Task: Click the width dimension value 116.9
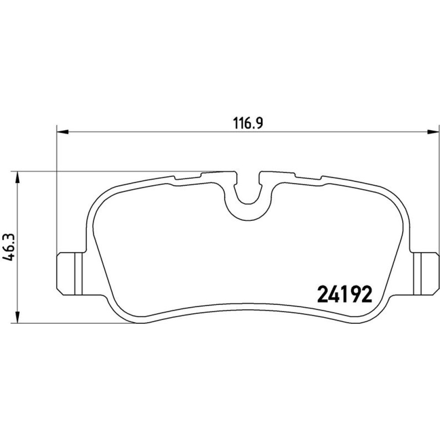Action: (x=248, y=123)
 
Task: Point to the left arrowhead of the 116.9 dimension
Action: (x=62, y=131)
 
